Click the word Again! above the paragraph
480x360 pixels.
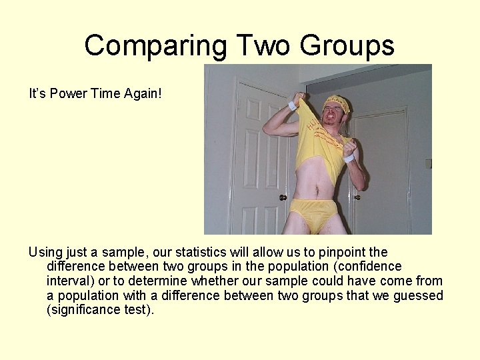coord(143,94)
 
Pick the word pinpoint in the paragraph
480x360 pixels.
coord(341,253)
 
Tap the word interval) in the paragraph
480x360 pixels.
coord(72,281)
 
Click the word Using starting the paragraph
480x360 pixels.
coord(45,253)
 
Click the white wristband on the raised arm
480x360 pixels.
coord(291,105)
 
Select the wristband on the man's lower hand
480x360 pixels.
coord(349,158)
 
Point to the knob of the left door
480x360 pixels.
coord(283,197)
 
